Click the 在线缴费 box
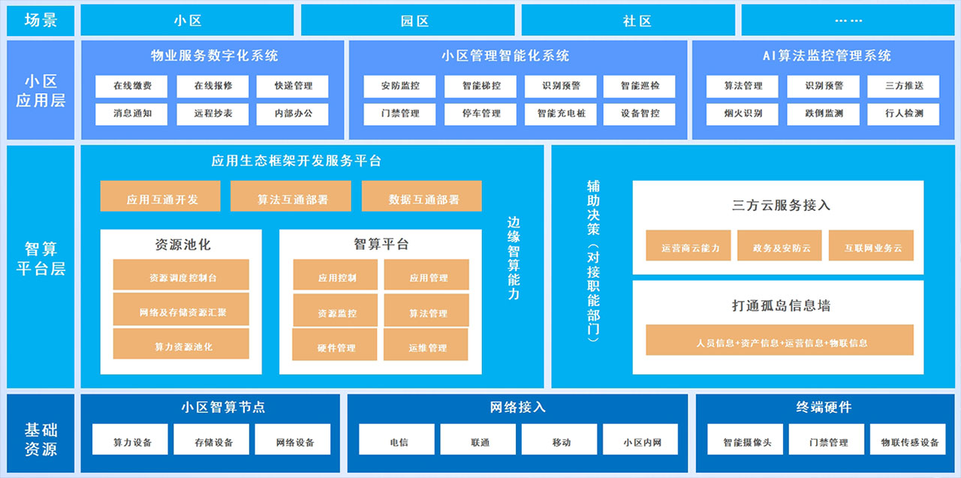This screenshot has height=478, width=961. (x=132, y=86)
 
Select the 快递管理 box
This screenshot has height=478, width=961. (x=294, y=86)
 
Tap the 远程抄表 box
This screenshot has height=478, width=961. (x=213, y=114)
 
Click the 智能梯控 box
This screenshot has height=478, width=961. (x=482, y=86)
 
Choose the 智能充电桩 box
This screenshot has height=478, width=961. (x=561, y=114)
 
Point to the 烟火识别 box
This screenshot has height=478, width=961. (x=743, y=114)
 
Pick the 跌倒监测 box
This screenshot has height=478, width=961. (x=824, y=114)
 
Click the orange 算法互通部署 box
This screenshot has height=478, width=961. (x=292, y=200)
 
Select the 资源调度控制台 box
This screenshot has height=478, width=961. (x=181, y=277)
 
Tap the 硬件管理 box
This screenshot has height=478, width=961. (x=336, y=347)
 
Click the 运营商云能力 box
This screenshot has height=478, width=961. (x=688, y=248)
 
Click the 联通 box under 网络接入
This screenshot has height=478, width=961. (x=480, y=442)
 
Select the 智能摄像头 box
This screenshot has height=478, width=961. (x=746, y=442)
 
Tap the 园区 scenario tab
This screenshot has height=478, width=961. (x=414, y=21)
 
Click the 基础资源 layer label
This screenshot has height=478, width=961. (x=41, y=439)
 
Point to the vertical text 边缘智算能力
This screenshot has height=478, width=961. (x=514, y=258)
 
